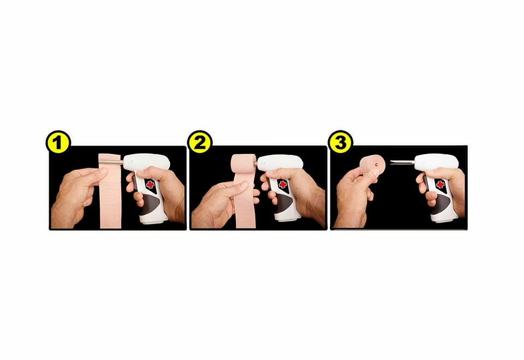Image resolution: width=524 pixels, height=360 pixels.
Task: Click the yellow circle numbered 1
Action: coord(58,143)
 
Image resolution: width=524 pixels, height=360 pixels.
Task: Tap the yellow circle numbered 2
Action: coord(200,143)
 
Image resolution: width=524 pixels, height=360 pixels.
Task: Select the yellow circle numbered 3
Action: coord(341,143)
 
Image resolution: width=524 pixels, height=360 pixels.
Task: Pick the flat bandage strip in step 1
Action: coord(111,196)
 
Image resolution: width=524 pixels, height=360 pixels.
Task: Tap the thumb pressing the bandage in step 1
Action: coord(96,173)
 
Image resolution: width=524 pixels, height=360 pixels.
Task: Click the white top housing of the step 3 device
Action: coord(437,162)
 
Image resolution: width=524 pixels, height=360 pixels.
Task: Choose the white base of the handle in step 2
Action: coord(284,214)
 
